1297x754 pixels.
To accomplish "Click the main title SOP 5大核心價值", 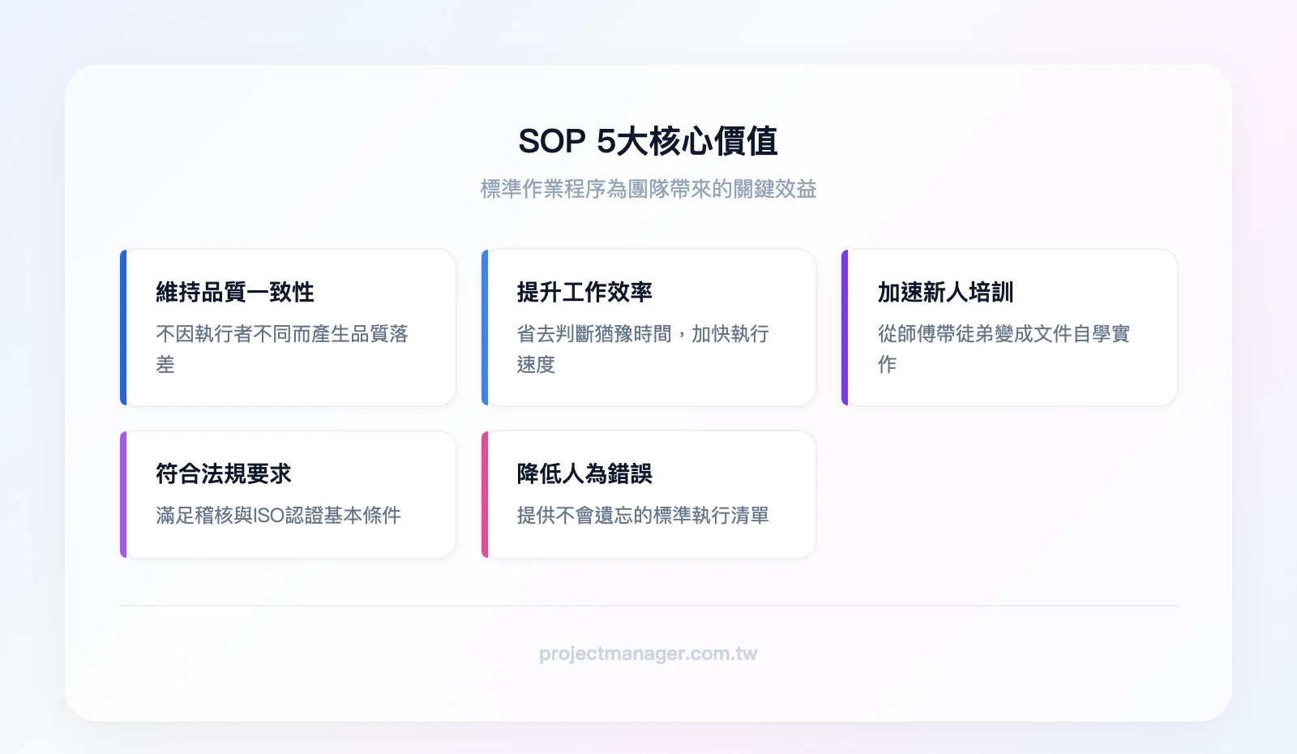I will (648, 142).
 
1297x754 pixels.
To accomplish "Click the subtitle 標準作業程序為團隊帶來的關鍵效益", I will (648, 189).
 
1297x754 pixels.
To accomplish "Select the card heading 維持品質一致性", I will (235, 292).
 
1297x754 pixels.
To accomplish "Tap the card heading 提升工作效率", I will (584, 292).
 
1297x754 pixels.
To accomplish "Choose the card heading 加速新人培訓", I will (945, 292).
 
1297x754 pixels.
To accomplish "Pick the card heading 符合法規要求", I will (224, 473).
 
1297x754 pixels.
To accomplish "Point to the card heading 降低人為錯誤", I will (584, 473).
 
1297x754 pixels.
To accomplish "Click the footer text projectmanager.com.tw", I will (648, 653).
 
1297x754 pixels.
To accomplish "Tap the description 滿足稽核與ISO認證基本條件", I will (278, 516).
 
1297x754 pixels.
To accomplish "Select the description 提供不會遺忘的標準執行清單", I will (643, 516).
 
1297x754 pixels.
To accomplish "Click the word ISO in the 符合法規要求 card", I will (269, 516).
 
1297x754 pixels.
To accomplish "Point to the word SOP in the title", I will (552, 142).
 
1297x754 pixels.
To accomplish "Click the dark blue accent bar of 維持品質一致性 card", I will (123, 328).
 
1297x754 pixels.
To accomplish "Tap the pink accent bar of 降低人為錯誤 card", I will (485, 495).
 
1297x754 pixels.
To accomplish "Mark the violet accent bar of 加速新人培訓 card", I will (845, 328).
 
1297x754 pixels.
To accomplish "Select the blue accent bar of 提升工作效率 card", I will (485, 328).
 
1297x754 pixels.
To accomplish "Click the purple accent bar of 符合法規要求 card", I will (123, 495).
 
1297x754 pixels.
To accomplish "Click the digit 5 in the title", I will (606, 142).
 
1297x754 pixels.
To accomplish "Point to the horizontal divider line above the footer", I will (648, 606).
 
